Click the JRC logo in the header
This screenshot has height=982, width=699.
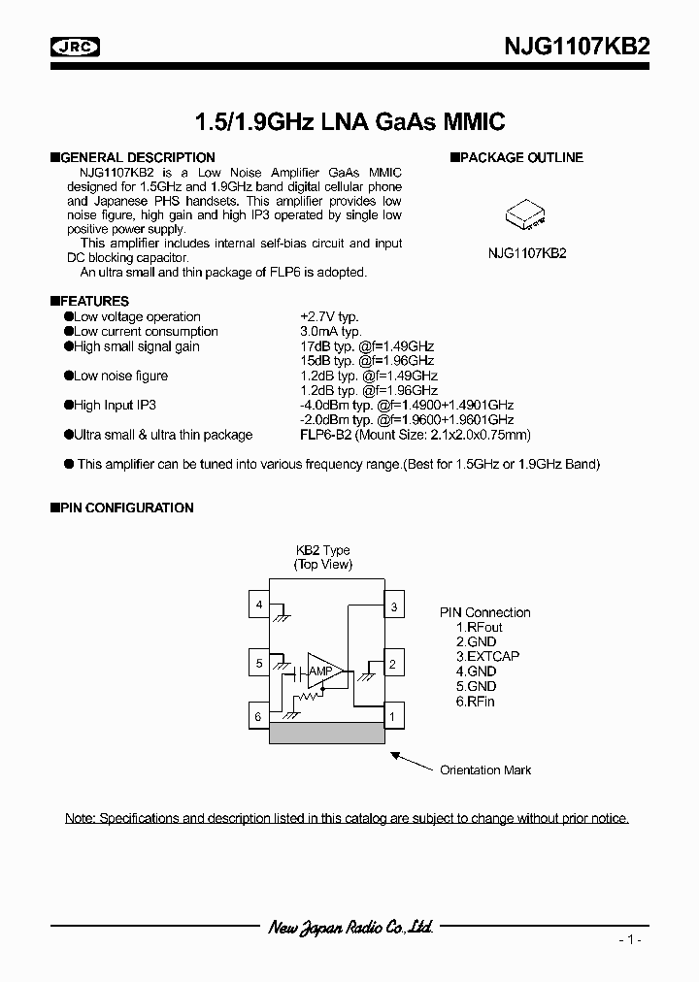(78, 46)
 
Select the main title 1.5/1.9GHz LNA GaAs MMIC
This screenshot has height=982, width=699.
(349, 122)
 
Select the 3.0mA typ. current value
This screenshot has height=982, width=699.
(330, 331)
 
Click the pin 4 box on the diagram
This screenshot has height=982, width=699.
(258, 606)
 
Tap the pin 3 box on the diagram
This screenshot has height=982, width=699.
(393, 607)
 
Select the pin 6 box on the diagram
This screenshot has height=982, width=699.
(258, 716)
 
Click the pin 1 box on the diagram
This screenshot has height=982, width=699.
(393, 717)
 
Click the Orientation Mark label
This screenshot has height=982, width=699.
(485, 770)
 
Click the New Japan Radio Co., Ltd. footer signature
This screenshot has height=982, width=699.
(349, 928)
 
